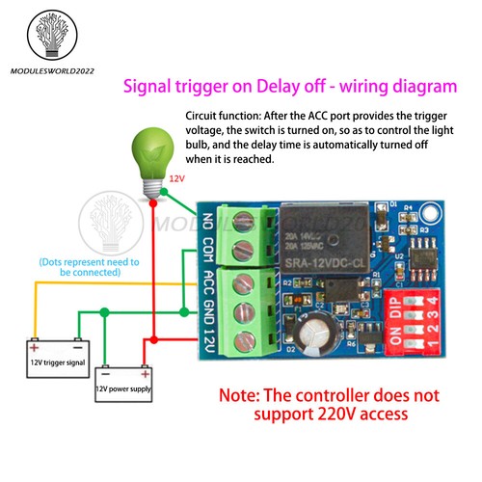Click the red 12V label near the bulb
click(177, 179)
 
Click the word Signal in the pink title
click(153, 86)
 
